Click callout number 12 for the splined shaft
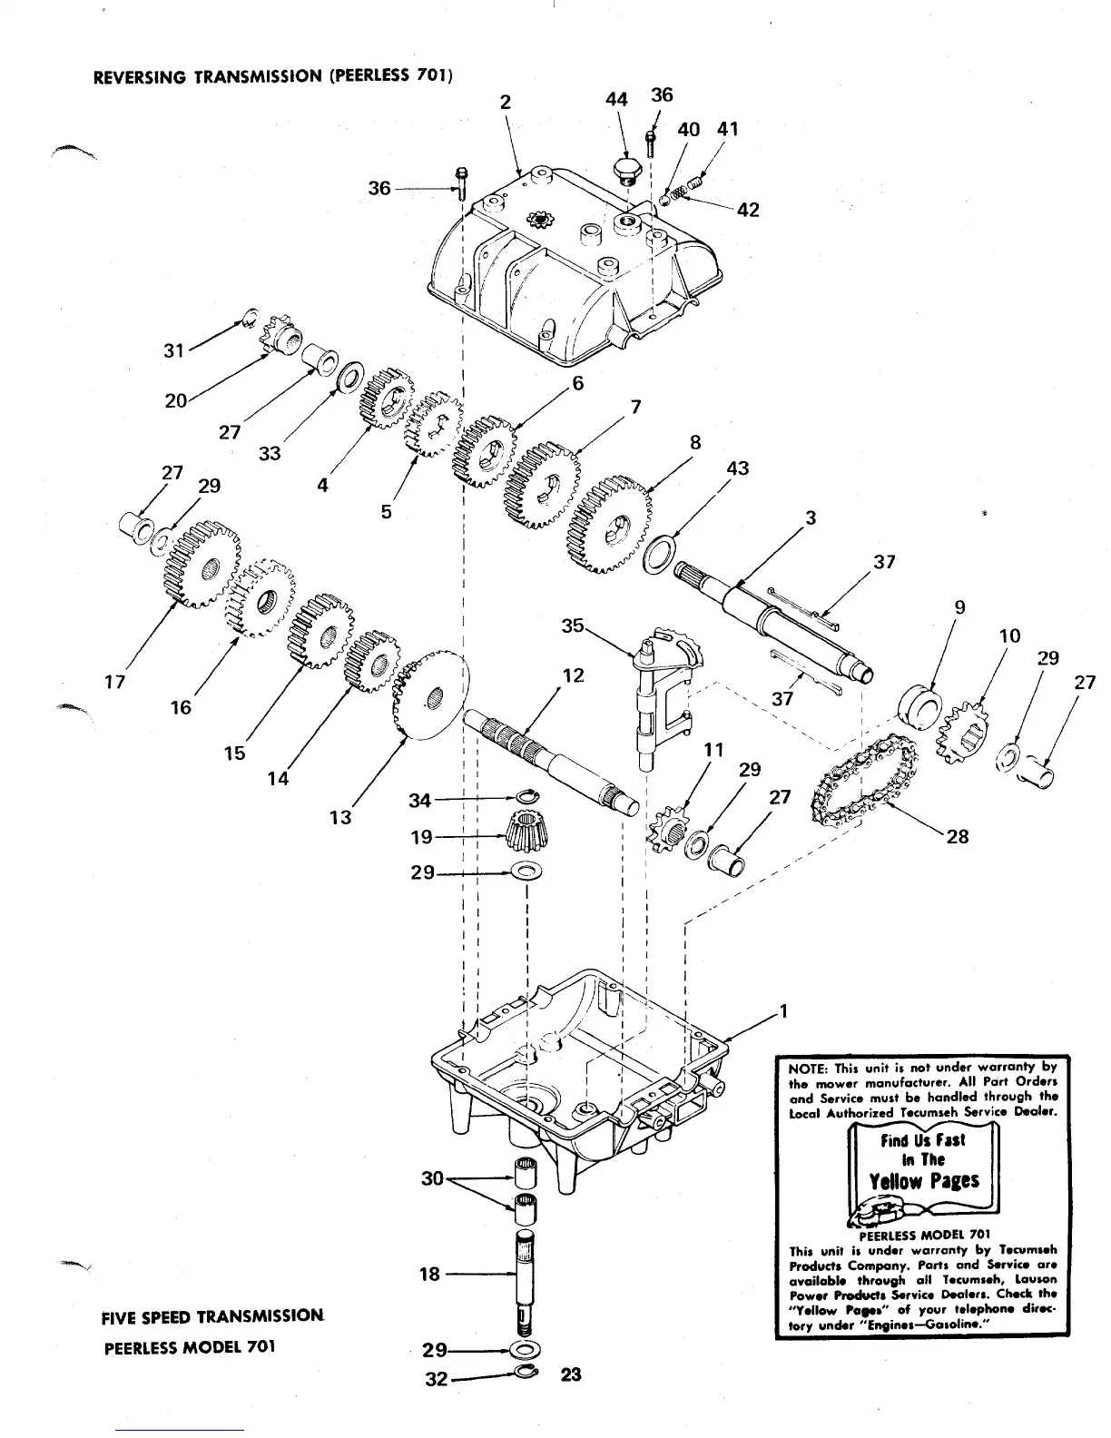click(573, 676)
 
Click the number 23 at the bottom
click(570, 1374)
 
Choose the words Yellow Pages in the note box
click(924, 1180)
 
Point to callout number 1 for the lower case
click(782, 1010)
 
